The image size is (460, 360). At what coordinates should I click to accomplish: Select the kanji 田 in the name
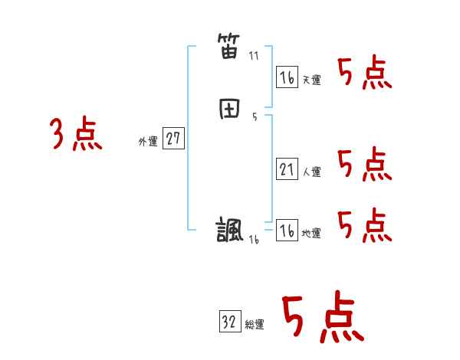point(229,110)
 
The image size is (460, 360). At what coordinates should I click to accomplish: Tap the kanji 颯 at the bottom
point(230,230)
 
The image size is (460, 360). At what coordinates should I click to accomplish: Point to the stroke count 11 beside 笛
point(254,56)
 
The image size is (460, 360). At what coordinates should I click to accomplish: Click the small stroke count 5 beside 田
point(254,117)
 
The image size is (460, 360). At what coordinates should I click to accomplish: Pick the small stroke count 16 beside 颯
point(254,239)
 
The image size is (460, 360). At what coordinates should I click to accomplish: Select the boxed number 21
point(286,169)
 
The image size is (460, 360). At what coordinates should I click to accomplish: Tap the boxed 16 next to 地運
point(286,231)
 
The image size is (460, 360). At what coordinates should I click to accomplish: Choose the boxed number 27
point(173,139)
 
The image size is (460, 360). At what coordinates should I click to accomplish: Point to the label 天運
point(311,80)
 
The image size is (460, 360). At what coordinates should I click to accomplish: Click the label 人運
point(311,172)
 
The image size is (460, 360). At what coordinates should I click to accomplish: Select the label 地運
point(311,234)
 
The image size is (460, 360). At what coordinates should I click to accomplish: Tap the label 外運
point(147,142)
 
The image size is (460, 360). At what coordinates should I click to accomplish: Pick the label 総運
point(255,325)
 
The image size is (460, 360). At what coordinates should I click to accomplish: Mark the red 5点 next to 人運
point(364,164)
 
